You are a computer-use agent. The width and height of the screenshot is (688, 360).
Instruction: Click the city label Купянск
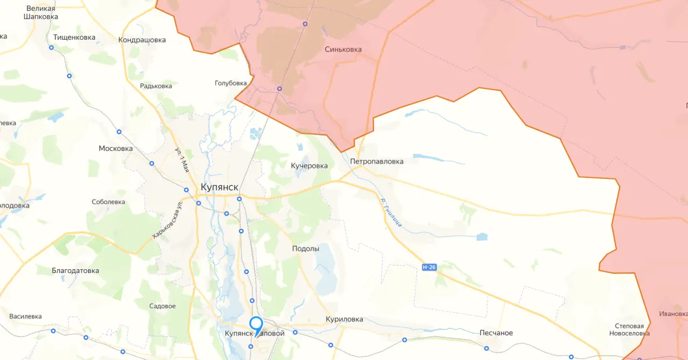coord(219,186)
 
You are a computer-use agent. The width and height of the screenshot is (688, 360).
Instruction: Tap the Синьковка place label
coord(343,49)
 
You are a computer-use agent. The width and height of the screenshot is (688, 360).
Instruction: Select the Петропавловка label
coord(376,161)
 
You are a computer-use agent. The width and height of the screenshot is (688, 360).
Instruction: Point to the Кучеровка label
coord(309,166)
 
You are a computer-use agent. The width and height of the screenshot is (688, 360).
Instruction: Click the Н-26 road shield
coord(428,267)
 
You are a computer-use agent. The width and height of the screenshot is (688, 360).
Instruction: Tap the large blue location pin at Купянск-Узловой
coord(256,325)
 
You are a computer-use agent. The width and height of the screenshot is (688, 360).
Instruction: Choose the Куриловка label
coord(345,319)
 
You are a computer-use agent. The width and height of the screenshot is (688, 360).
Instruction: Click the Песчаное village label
coord(496,333)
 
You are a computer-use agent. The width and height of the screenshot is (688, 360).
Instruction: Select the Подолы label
coord(305,249)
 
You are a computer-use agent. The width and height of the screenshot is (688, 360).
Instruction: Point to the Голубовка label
coord(231,83)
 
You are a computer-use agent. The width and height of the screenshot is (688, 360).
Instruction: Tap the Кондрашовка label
coord(142,40)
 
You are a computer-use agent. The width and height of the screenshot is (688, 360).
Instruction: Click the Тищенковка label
coord(74,38)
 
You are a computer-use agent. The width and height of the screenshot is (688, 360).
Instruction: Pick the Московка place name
coord(116,149)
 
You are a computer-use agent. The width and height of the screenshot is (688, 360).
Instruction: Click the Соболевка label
coord(109,202)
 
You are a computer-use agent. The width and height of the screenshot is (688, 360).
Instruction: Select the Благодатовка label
coord(75,271)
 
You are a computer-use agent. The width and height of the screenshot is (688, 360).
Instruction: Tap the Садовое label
coord(162,306)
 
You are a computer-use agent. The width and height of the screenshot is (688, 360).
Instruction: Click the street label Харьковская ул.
coord(165,220)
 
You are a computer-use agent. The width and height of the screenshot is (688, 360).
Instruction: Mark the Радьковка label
coord(156,86)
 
